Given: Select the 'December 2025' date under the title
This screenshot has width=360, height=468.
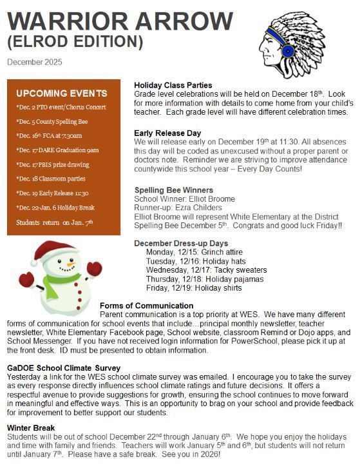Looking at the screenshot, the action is (x=35, y=62).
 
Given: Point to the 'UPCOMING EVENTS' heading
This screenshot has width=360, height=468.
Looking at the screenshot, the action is (x=62, y=93).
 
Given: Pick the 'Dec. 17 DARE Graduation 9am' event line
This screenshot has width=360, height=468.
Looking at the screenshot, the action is (x=57, y=150).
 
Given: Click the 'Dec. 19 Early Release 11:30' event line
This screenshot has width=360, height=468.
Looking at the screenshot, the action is (x=52, y=193).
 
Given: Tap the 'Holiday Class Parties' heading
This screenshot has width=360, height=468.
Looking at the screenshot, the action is (x=173, y=85).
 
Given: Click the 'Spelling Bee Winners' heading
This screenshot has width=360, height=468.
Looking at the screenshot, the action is (x=173, y=190).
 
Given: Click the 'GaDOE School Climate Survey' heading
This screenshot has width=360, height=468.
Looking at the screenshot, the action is (x=63, y=368).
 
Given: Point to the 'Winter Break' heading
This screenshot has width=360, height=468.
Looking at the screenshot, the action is (x=31, y=427).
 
